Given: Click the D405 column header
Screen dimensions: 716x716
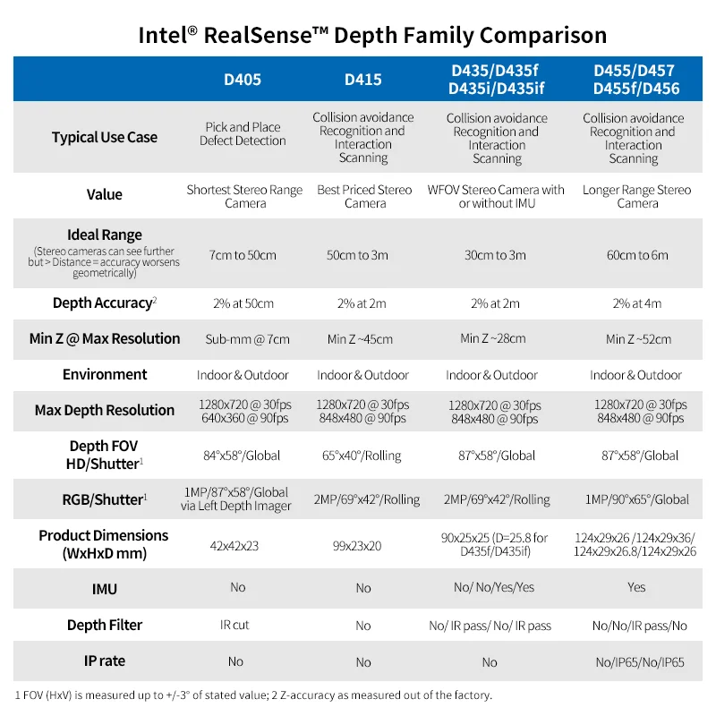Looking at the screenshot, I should pos(243,80).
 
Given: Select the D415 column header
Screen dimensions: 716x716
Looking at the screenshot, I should pos(363,80).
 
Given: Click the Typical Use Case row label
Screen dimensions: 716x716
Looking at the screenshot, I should pos(105,137).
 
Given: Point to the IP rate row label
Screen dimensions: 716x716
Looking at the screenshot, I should pos(105,661).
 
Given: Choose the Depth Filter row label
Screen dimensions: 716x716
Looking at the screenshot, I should pos(105,625).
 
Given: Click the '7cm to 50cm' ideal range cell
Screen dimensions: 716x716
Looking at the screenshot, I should pos(243,255).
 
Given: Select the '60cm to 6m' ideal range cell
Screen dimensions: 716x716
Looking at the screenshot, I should pos(637,255).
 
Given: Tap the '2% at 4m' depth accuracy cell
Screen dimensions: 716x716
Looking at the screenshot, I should pos(637,303).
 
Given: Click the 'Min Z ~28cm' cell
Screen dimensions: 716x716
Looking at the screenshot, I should pos(493,338).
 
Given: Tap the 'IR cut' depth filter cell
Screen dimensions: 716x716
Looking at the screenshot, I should pos(234,625).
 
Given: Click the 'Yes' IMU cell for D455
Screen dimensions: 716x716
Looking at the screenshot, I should pos(636,588).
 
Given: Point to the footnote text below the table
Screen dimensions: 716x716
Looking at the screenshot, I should pos(253,695).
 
